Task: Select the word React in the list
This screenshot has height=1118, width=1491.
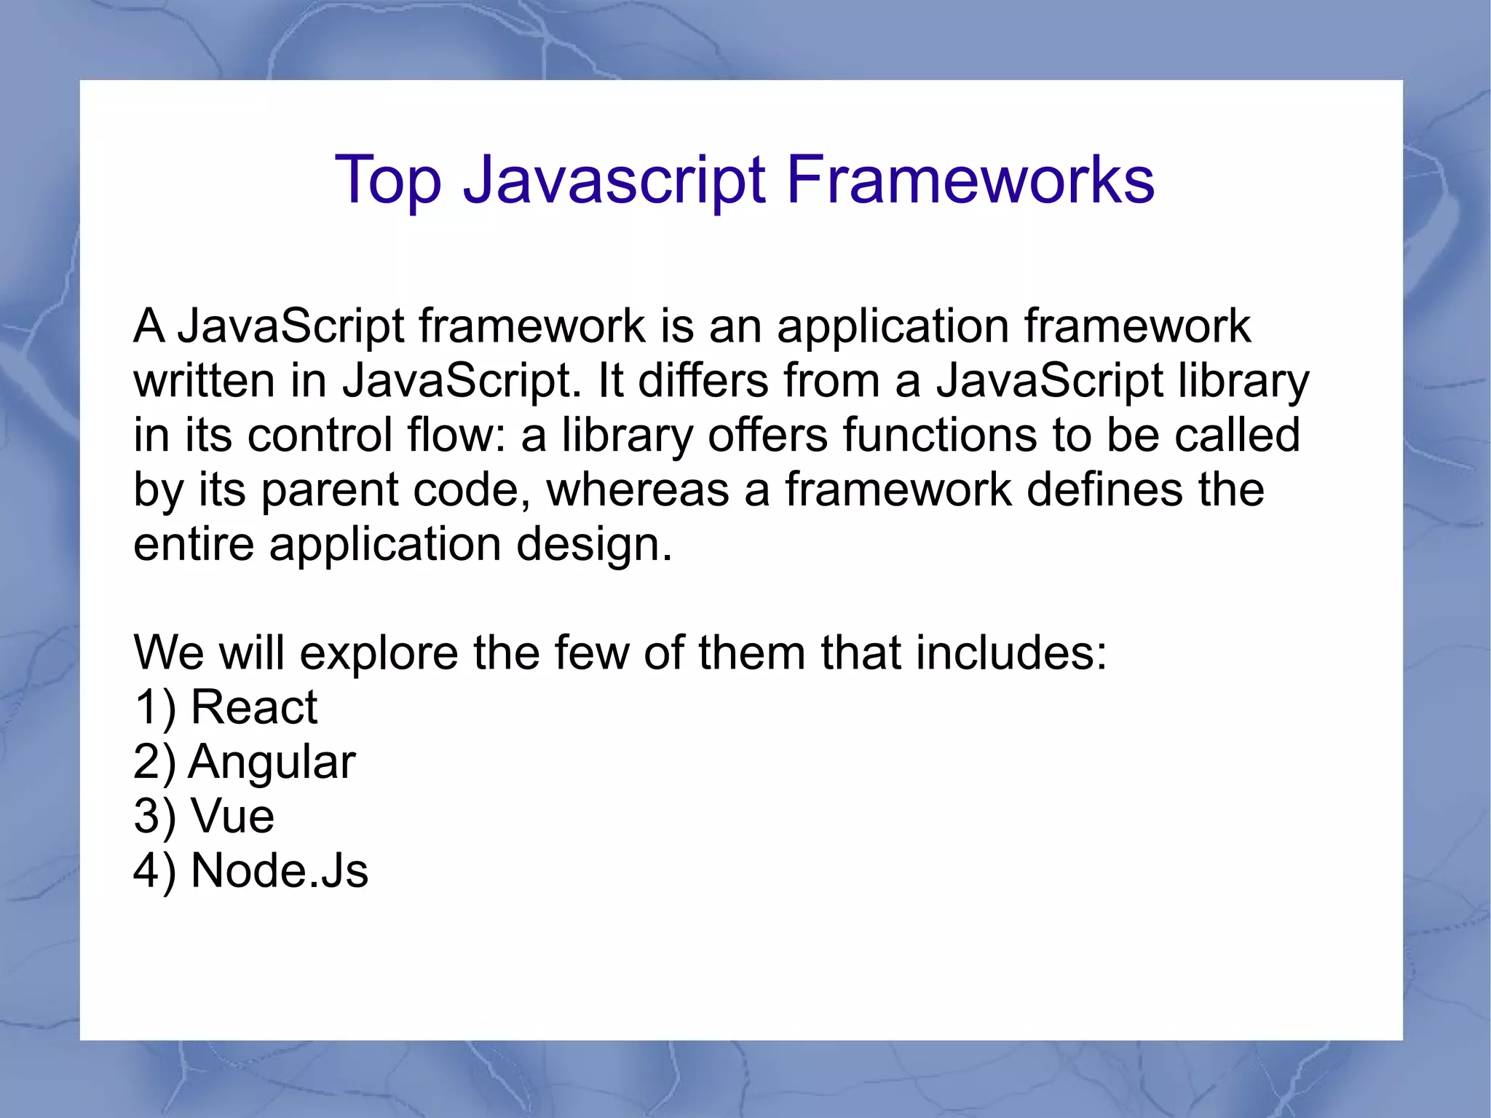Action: click(253, 706)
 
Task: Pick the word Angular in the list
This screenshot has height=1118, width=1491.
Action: click(272, 762)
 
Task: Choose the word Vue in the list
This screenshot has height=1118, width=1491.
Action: click(232, 816)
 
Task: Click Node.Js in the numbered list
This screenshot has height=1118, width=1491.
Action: click(279, 870)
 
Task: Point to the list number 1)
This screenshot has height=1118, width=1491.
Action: click(154, 708)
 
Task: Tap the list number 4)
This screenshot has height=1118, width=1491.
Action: click(154, 872)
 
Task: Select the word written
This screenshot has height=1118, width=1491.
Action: click(204, 380)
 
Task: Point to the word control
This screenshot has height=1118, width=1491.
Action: click(320, 435)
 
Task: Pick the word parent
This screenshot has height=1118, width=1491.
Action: click(329, 490)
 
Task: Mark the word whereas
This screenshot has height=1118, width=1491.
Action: click(638, 489)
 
